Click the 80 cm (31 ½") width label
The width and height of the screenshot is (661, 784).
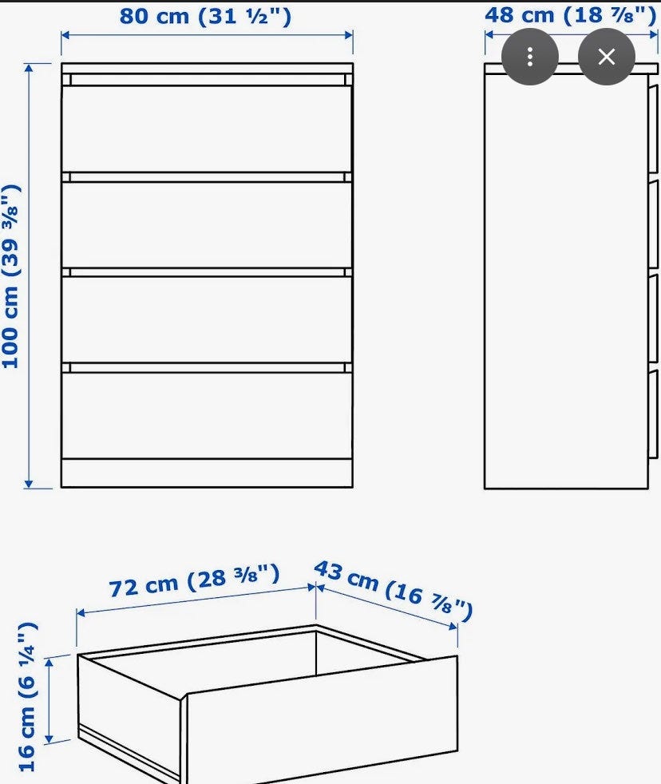coord(205,16)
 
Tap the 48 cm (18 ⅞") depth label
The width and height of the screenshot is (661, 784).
coord(570,15)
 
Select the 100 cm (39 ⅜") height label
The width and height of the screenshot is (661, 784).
coord(11,276)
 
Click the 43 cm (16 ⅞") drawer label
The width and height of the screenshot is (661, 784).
coord(393,590)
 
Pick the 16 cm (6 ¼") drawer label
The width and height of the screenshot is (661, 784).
coord(27,696)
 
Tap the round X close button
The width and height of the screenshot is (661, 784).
coord(607,57)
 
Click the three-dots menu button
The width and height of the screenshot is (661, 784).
coord(530,57)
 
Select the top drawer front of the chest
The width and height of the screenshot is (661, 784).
coord(207,129)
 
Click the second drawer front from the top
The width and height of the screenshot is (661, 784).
coord(207,224)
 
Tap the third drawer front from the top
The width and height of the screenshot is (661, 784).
coord(207,319)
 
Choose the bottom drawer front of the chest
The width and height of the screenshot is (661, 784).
coord(207,415)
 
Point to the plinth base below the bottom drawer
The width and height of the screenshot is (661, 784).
coord(207,473)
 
